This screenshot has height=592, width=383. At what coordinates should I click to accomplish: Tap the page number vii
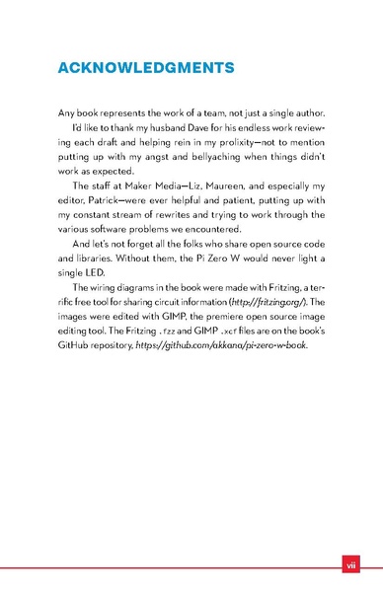(x=349, y=565)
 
